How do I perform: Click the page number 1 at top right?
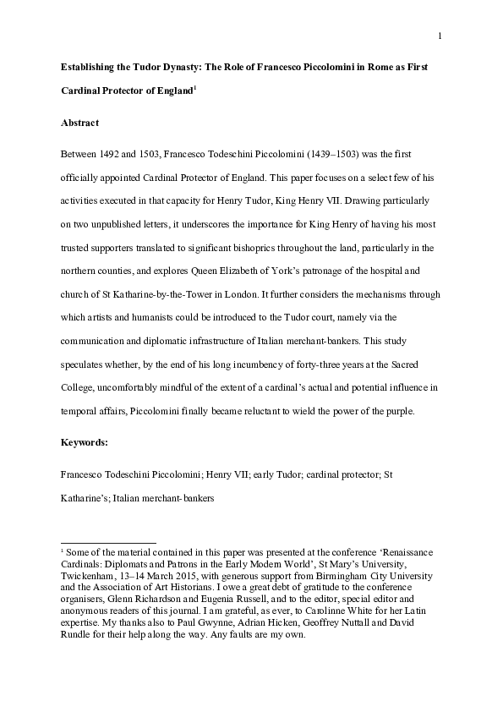[440, 35]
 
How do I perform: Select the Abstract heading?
[80, 123]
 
